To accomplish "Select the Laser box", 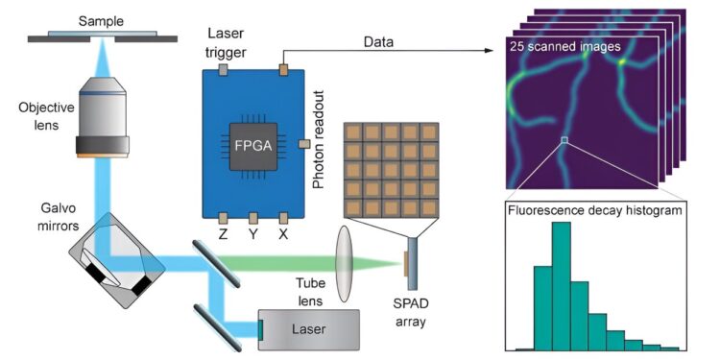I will click(x=309, y=330).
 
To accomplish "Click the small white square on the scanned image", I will click(x=565, y=142).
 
